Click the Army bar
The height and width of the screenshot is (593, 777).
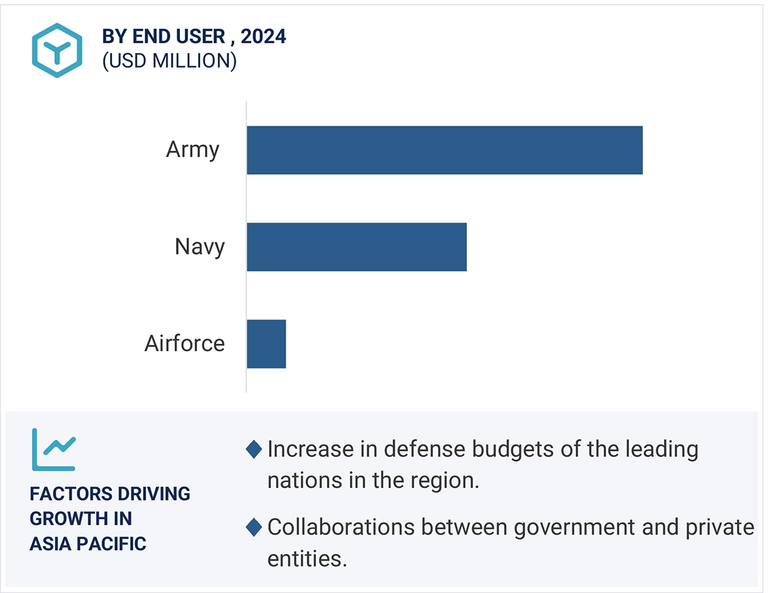(444, 150)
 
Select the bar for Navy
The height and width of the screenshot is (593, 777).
(357, 247)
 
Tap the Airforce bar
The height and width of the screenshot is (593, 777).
(266, 344)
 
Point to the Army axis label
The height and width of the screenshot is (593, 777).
(193, 150)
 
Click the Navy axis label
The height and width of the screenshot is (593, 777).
(200, 247)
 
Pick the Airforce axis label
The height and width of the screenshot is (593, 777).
(185, 344)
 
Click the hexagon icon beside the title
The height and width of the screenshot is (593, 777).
(57, 50)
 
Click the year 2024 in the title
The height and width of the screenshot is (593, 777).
(264, 37)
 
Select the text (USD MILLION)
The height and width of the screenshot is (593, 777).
(169, 61)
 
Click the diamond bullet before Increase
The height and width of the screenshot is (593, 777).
(254, 450)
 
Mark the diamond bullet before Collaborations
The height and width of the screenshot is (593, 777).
(254, 528)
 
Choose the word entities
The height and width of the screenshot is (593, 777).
(307, 559)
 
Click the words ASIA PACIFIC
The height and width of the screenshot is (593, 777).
(88, 544)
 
